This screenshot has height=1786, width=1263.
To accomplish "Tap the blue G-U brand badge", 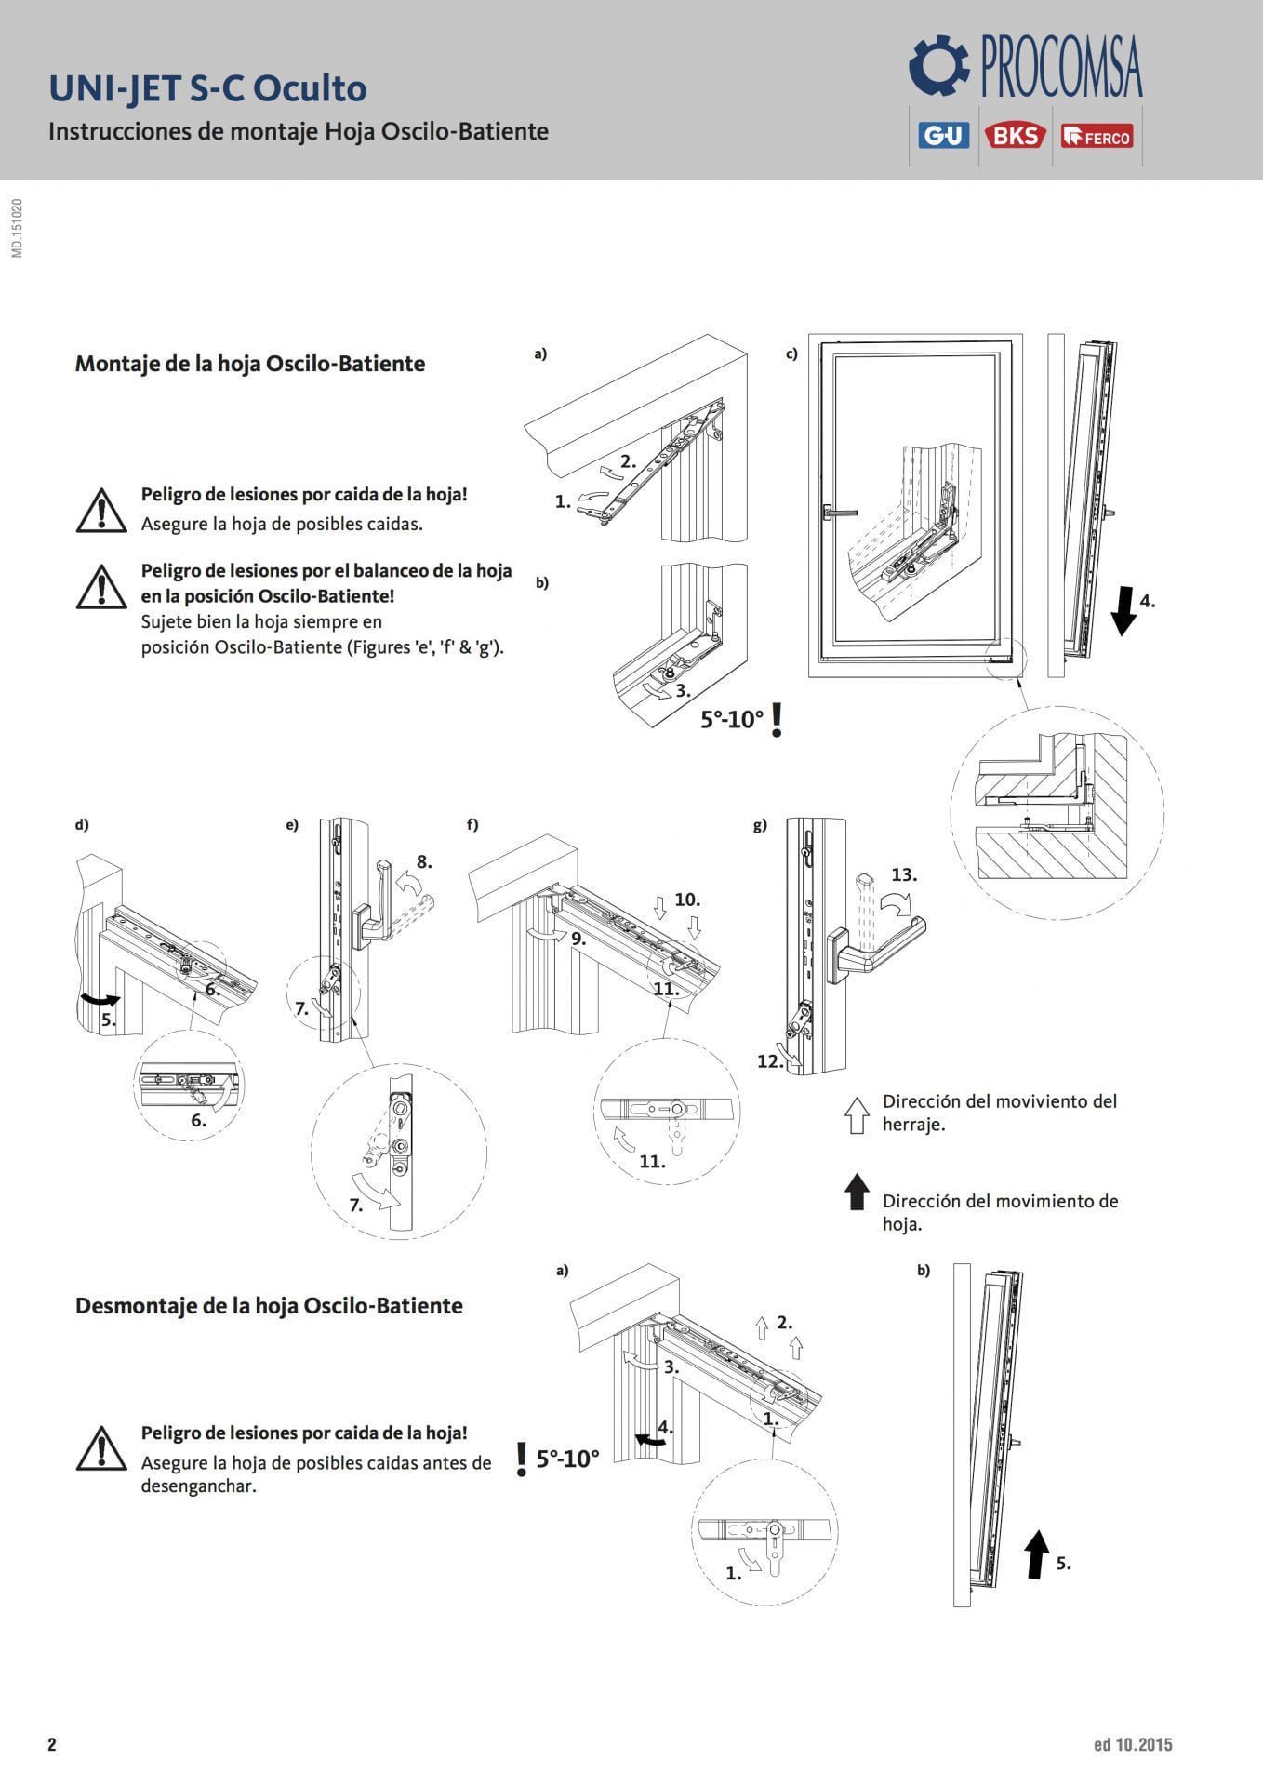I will [x=943, y=136].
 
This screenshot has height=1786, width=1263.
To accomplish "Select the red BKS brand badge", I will [x=1016, y=136].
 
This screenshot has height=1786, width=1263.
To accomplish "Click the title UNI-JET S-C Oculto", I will [x=207, y=88].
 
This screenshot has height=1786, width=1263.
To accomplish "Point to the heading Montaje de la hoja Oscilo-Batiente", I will [x=249, y=364].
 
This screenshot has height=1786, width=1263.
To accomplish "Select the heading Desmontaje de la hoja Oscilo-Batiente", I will [x=269, y=1305].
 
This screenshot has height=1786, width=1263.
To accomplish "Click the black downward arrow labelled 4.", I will [x=1123, y=609].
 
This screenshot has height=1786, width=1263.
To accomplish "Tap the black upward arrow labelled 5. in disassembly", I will [x=1036, y=1555].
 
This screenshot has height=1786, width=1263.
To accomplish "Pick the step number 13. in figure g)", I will [x=903, y=874].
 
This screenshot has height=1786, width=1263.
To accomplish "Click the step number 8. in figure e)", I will [x=424, y=861].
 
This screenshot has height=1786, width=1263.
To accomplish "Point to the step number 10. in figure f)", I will [x=687, y=900].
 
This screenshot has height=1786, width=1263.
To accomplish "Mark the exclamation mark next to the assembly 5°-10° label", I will [x=778, y=720].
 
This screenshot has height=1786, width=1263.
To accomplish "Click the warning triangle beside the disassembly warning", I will [x=100, y=1449].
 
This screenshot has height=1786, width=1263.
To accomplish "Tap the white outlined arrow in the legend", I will [x=856, y=1113].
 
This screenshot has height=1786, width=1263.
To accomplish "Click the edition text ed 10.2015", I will [x=1133, y=1744].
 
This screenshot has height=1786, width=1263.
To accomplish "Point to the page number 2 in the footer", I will [x=52, y=1744].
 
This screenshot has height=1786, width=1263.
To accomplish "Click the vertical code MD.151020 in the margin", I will [x=18, y=227].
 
